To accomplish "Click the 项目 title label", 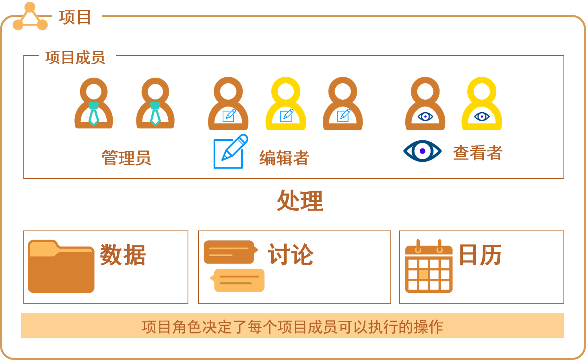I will coord(75,17).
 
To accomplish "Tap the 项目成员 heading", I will coord(75,58).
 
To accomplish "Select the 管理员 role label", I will coord(126,157).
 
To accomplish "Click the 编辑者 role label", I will coord(284,158).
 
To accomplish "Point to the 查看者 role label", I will coord(478,153).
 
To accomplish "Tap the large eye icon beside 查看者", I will coord(423,151).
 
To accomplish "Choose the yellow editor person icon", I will coord(286,105).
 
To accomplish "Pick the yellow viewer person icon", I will coord(482,105).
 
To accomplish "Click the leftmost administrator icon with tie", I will coord(94,105).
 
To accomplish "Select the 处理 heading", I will coord(300,201).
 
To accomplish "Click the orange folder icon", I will coord(61,266).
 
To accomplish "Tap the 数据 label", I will coord(123,255).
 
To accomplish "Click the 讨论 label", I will coord(291,254).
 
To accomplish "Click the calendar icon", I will coord(429,267).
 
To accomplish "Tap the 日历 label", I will coord(480,254).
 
